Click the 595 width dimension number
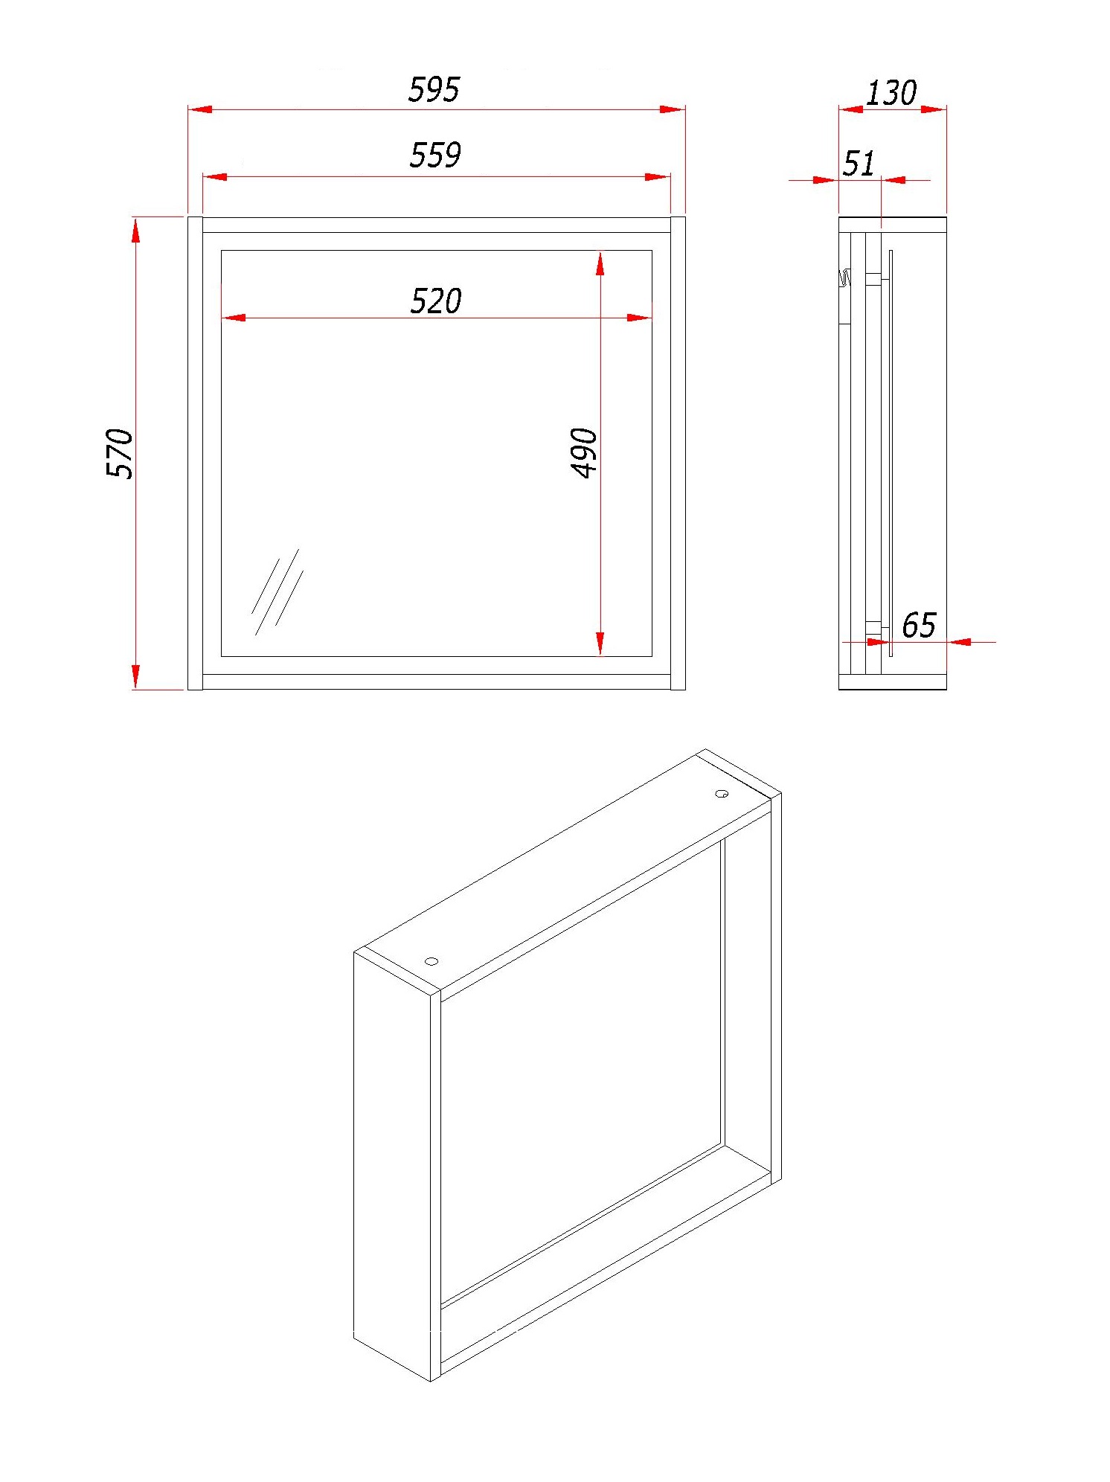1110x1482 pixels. coord(434,89)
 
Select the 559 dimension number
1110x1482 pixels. coord(435,155)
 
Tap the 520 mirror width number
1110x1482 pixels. coord(436,301)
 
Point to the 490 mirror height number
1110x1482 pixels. coord(584,453)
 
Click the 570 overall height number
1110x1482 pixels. coord(120,453)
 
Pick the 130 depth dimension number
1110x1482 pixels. coord(891,93)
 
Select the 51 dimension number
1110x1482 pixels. coord(859,164)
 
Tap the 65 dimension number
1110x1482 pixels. coord(919,625)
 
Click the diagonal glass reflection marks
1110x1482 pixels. coord(277,592)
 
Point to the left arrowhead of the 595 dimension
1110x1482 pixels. coord(200,109)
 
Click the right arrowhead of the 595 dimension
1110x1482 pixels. coord(673,109)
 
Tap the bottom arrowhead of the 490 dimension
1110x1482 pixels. coord(600,644)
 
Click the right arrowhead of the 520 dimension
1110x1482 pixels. coord(640,318)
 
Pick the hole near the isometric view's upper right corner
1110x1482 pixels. coord(722,794)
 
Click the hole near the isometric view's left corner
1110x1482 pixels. coord(432,961)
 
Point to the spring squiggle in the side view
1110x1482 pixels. coord(844,278)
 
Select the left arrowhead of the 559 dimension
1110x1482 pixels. coord(215,176)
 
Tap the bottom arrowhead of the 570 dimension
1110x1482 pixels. coord(135,676)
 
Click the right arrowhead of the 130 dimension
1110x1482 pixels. coord(934,109)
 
